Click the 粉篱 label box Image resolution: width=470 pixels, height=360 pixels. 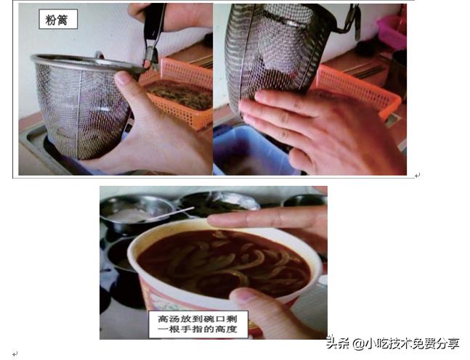[x=58, y=20]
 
